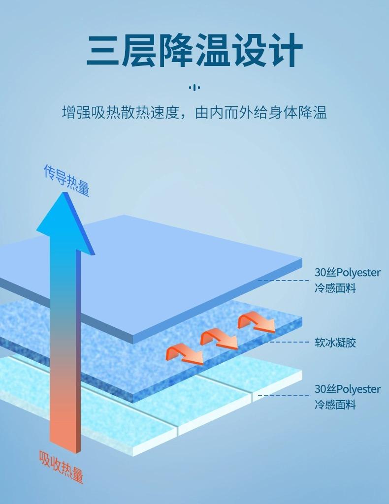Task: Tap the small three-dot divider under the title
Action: (x=194, y=88)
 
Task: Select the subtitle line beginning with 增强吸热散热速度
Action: (x=194, y=113)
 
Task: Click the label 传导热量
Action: (x=66, y=180)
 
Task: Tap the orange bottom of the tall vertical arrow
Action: (x=64, y=423)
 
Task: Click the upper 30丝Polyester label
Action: (x=348, y=273)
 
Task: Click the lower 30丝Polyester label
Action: (x=348, y=389)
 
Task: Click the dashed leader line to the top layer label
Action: (x=283, y=280)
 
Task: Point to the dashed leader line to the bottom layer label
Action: (x=283, y=395)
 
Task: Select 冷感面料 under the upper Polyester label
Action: (x=335, y=288)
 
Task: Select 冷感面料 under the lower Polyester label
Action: (x=335, y=405)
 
